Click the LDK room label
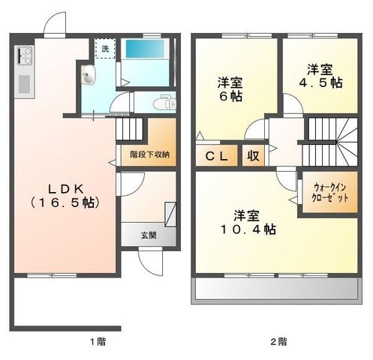pos(65,196)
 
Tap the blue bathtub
pos(145,49)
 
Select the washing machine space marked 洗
pos(105,48)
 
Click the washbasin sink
pos(89,74)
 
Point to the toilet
pos(167,102)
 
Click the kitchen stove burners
pos(25,56)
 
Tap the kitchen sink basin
pos(24,84)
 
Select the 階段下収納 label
pos(149,154)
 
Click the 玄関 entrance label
pos(149,235)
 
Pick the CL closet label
pos(217,156)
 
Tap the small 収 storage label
pos(253,156)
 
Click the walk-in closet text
pos(329,193)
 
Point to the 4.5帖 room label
pos(320,76)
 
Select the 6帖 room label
pos(230,90)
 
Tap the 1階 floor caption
pos(98,341)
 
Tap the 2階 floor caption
pos(279,341)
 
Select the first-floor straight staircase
pos(129,129)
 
